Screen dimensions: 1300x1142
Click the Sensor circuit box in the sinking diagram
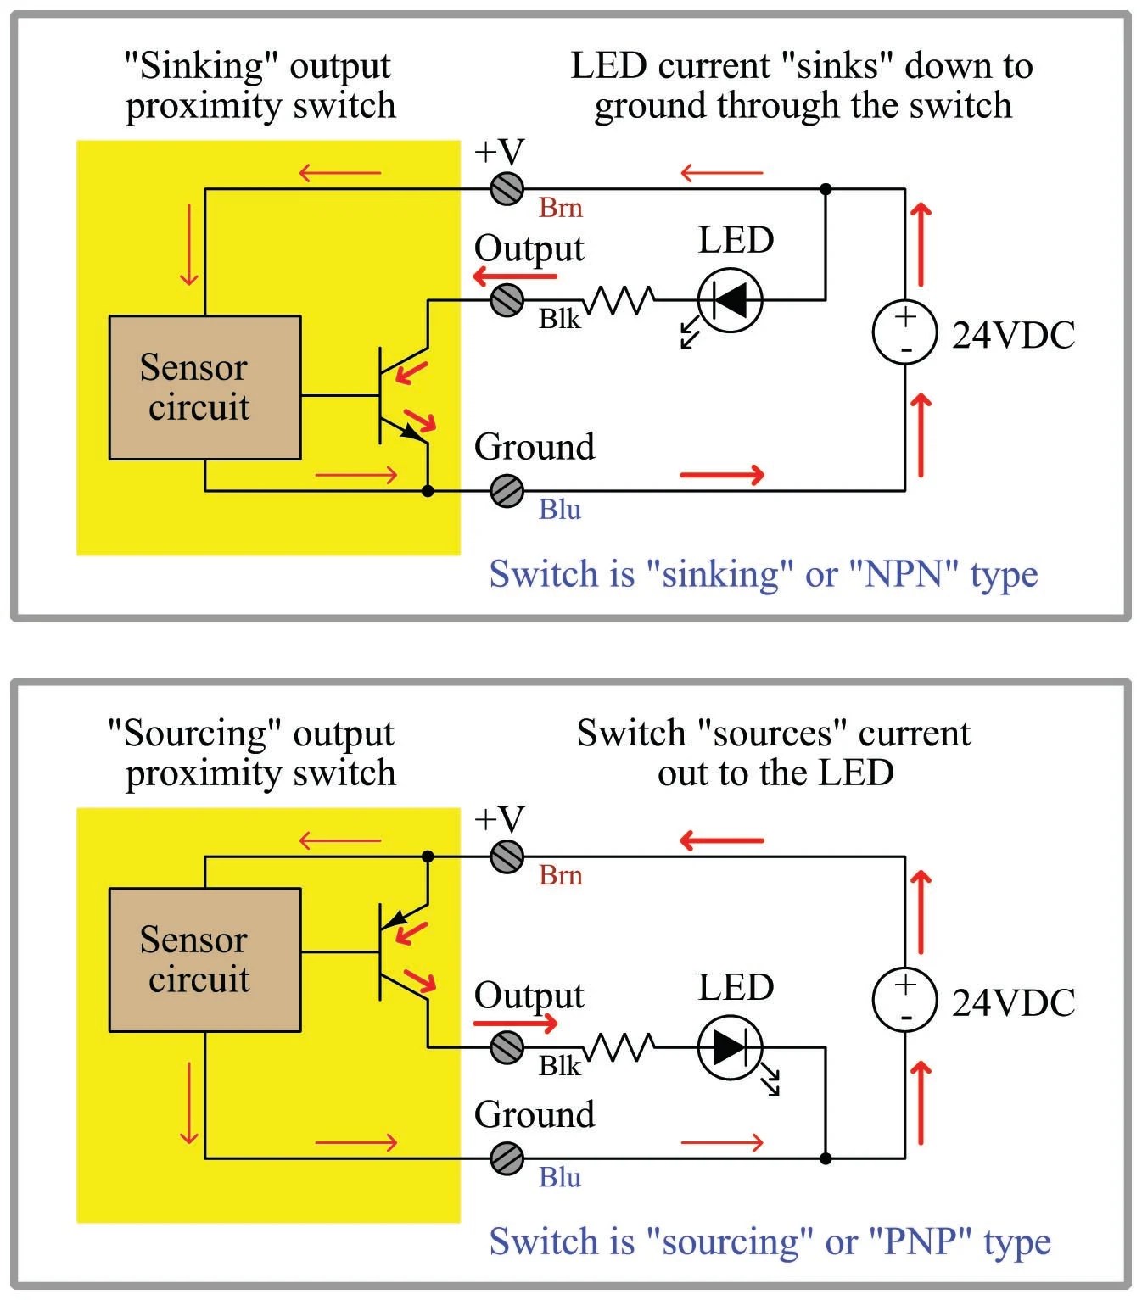pos(204,388)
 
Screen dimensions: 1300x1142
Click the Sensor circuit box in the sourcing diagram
pos(204,960)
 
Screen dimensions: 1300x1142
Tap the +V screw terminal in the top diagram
pos(507,188)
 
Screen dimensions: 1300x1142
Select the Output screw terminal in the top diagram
pos(507,299)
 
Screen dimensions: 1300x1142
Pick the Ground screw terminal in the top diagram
pos(507,490)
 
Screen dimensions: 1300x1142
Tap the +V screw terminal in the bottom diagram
pos(507,856)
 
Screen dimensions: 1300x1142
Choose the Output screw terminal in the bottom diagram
pos(507,1047)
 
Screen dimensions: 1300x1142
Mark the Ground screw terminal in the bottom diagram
pos(507,1158)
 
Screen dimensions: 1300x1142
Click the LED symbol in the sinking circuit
pos(730,299)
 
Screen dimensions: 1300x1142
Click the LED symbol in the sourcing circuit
pos(730,1047)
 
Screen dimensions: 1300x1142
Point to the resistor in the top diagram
pos(621,299)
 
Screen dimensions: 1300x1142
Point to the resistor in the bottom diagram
pos(621,1047)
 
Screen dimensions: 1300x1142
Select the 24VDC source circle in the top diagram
pos(905,332)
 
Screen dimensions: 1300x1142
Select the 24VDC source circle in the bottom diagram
pos(905,1000)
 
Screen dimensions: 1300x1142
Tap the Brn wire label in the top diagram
pos(561,208)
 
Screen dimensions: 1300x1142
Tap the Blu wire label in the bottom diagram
pos(560,1177)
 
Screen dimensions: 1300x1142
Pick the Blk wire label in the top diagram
pos(559,319)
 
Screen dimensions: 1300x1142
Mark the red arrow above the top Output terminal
pos(515,276)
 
